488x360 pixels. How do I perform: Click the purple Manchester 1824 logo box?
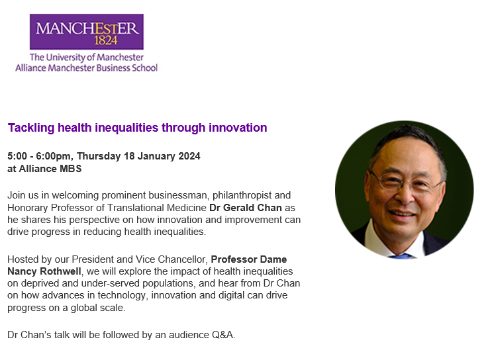coord(87,32)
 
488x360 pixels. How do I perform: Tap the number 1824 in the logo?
coord(106,40)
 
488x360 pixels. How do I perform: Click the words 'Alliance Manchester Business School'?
coord(87,67)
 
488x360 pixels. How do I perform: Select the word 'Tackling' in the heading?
coord(31,128)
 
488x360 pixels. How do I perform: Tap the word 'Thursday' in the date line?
coord(99,156)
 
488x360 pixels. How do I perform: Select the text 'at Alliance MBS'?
coord(44,169)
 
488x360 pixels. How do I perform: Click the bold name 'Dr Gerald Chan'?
coord(246,208)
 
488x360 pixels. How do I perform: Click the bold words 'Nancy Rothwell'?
coord(44,271)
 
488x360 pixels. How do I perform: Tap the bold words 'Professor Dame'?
coord(249,259)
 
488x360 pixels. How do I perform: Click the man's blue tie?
coord(401,256)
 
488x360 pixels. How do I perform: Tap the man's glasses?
coord(405,181)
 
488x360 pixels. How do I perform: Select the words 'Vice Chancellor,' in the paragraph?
coord(183,259)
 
